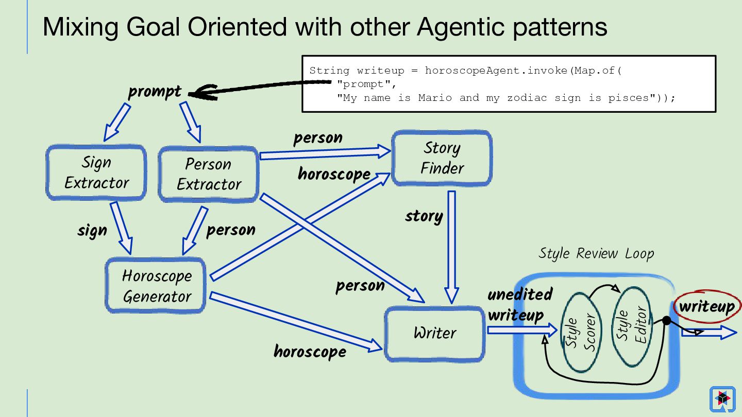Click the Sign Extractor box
[96, 172]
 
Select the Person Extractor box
[208, 174]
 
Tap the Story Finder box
[442, 158]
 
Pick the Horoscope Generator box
[156, 285]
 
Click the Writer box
[434, 334]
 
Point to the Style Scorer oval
[581, 332]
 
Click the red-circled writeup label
[707, 306]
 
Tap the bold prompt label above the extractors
[155, 91]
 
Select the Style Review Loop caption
[596, 253]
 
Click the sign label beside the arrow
[92, 230]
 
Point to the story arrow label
[424, 216]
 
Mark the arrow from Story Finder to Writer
[451, 247]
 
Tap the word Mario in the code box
[435, 98]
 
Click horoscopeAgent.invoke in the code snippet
[497, 71]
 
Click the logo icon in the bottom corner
[722, 399]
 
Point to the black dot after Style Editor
[667, 320]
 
